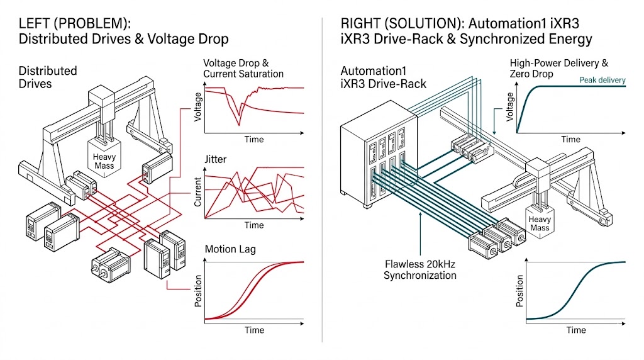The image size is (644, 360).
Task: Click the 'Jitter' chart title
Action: click(x=215, y=159)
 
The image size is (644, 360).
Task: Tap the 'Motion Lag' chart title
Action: click(x=230, y=249)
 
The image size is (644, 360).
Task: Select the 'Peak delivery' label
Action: click(x=602, y=80)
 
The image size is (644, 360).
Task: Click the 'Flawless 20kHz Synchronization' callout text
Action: click(x=420, y=269)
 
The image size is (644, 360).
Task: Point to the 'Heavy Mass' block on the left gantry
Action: click(x=104, y=161)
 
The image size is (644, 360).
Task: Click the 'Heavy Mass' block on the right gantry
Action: click(x=539, y=223)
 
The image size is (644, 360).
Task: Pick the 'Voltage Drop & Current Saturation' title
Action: click(x=243, y=69)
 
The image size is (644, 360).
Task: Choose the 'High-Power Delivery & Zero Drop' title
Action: click(x=559, y=69)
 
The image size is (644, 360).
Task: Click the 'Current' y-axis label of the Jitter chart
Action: click(x=198, y=192)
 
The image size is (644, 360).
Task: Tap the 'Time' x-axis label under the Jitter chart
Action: click(x=254, y=225)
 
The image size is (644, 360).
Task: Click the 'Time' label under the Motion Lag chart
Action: click(x=254, y=330)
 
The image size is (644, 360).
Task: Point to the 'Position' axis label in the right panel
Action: click(x=519, y=291)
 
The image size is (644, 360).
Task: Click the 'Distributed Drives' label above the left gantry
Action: click(x=48, y=77)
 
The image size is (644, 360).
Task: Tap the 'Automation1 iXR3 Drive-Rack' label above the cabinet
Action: click(x=383, y=77)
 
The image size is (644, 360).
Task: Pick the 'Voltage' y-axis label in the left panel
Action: click(x=199, y=107)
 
